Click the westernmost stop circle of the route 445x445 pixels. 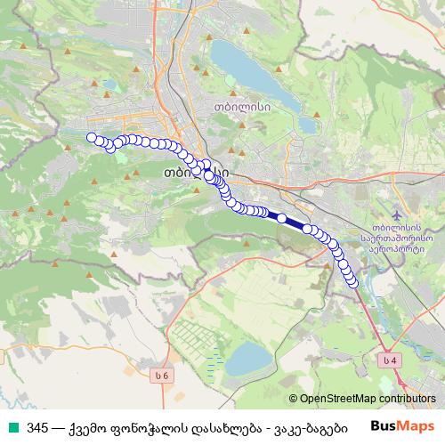91,137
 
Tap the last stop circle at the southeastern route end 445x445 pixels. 352,283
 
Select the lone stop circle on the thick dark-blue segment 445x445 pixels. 282,218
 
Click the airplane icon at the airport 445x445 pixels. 396,216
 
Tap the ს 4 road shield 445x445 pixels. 387,360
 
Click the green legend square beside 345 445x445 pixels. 12,426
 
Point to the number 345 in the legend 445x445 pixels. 36,426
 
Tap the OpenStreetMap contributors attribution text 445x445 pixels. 362,400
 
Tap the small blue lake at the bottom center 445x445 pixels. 247,360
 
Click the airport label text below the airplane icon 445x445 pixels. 397,238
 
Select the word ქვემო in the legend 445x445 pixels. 93,426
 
